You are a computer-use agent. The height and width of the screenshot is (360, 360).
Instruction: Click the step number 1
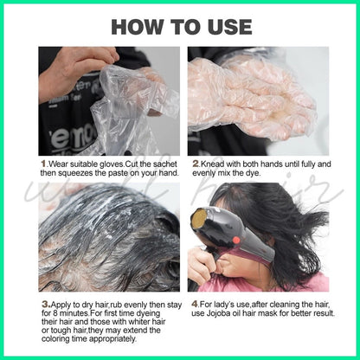pyautogui.click(x=43, y=164)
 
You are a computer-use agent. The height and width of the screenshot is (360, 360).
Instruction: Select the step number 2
pyautogui.click(x=196, y=164)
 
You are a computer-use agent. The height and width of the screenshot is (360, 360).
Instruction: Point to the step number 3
pyautogui.click(x=46, y=305)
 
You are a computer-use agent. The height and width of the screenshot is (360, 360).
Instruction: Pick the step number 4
pyautogui.click(x=195, y=304)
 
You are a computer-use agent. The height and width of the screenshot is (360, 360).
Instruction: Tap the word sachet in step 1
pyautogui.click(x=164, y=164)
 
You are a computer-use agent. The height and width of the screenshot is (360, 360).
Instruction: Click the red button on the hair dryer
pyautogui.click(x=236, y=240)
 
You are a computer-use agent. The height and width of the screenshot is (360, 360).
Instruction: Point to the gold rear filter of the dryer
pyautogui.click(x=199, y=218)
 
